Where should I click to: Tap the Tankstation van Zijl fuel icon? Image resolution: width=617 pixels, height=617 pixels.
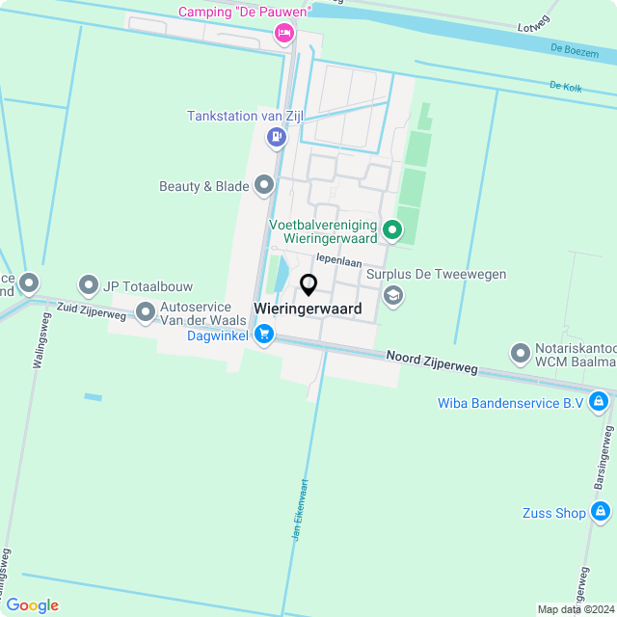[277, 137]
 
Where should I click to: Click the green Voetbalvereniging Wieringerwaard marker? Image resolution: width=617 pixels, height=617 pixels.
[391, 229]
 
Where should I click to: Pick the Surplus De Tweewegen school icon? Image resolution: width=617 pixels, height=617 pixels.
[392, 295]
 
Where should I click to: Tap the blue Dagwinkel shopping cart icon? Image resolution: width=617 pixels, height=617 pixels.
[264, 335]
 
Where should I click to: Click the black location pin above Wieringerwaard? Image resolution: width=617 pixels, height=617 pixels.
[308, 284]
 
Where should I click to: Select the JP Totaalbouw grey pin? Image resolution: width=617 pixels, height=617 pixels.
[89, 284]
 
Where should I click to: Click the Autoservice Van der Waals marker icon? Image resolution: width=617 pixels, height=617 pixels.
[146, 311]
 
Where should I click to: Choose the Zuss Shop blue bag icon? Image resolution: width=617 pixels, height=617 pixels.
[602, 513]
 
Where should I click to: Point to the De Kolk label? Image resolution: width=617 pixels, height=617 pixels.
[565, 86]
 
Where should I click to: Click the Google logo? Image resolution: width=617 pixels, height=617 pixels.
[32, 605]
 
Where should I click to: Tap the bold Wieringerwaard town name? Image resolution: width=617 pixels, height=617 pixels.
[308, 309]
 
